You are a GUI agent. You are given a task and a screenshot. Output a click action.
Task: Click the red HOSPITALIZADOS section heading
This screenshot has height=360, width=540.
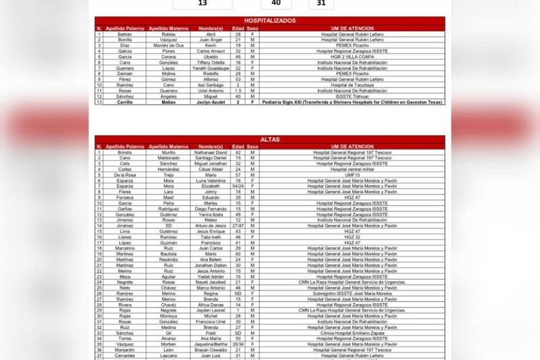[x=270, y=21]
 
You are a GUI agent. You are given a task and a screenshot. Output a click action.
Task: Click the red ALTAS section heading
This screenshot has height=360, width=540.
[x=270, y=140]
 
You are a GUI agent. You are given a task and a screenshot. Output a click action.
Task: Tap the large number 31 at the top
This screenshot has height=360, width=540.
[x=325, y=3]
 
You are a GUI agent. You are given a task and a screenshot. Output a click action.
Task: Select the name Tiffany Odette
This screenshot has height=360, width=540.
[x=211, y=62]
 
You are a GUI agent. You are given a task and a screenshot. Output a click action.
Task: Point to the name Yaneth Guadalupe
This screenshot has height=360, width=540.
[x=211, y=68]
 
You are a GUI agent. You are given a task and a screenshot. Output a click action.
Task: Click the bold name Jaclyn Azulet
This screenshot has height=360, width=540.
[x=211, y=102]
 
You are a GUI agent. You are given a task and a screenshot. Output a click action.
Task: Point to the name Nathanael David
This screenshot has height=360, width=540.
[x=211, y=153]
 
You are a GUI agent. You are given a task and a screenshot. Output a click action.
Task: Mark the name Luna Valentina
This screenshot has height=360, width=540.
[x=211, y=180]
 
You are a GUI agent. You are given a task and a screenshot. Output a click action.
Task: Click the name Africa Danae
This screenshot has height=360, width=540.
[x=211, y=305]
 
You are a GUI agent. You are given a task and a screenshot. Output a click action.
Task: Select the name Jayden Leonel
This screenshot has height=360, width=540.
[x=211, y=310]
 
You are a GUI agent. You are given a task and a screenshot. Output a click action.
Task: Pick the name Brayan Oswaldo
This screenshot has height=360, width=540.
[x=211, y=350]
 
